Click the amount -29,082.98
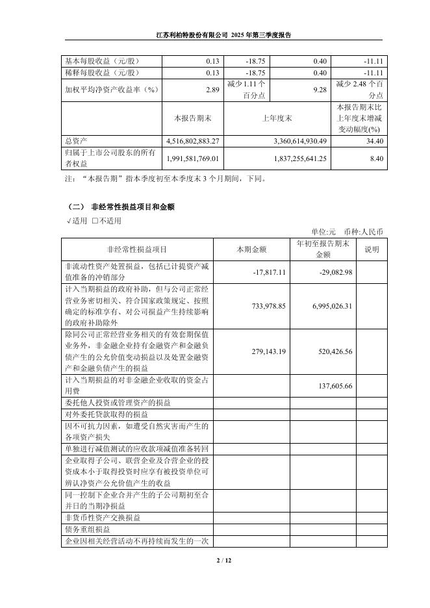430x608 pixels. pyautogui.click(x=335, y=272)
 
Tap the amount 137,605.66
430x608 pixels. pyautogui.click(x=336, y=385)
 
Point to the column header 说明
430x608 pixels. pyautogui.click(x=372, y=249)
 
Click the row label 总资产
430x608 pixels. pyautogui.click(x=76, y=141)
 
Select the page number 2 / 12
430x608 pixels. pyautogui.click(x=214, y=560)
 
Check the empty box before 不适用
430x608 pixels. pyautogui.click(x=95, y=221)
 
